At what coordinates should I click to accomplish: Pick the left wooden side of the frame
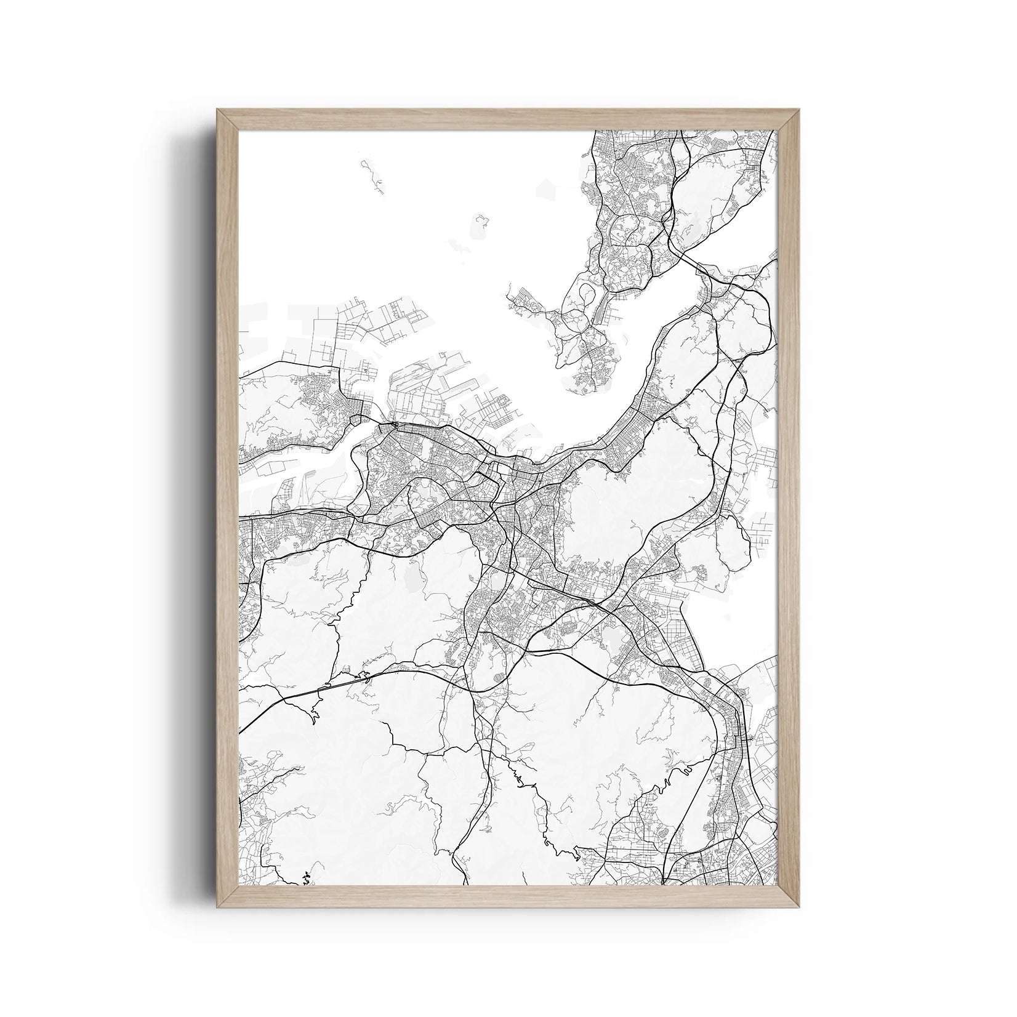228,509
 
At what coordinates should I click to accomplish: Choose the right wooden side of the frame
789,509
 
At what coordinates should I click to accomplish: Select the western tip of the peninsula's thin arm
510,296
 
